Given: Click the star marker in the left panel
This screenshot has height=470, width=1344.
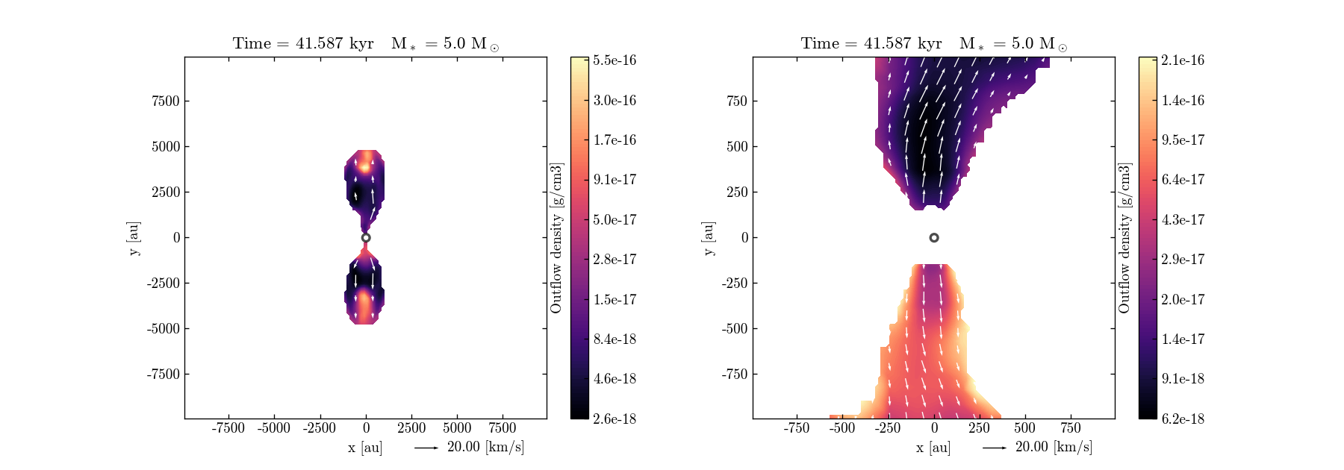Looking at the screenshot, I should (x=366, y=238).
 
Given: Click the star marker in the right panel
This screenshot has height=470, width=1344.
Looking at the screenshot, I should (x=934, y=238).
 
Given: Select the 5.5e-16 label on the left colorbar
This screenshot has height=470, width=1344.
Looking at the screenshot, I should (x=615, y=60).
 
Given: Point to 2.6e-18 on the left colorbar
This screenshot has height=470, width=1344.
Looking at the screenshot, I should (x=615, y=419).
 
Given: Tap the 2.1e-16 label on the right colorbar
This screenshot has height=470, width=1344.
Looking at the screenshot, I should (x=1183, y=60).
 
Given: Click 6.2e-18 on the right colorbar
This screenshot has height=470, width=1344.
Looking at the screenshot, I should (x=1183, y=419).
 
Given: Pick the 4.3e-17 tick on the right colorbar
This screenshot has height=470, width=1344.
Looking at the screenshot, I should (x=1183, y=219).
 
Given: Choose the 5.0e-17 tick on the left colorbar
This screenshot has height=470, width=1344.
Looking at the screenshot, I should (x=615, y=219).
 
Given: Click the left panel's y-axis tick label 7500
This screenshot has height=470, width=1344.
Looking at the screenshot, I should (x=166, y=101).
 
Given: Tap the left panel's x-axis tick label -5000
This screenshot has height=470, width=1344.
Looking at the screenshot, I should (x=274, y=427).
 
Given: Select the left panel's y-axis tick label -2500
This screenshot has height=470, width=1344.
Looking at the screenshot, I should (x=163, y=283).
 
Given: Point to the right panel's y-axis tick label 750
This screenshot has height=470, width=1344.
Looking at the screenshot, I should (x=737, y=101).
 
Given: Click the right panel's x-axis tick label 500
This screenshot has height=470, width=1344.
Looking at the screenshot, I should (x=1025, y=427).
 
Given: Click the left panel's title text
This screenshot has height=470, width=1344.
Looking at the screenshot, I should (x=366, y=43).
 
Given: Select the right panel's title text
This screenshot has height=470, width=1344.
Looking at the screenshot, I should (x=934, y=43).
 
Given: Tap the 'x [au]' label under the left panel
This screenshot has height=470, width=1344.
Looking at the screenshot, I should (x=365, y=447).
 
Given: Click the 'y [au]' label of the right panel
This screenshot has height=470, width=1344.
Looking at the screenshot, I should (x=708, y=238).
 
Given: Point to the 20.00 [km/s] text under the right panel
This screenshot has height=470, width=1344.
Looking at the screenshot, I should (x=1054, y=447).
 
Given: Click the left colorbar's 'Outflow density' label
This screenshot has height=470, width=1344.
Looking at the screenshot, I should (x=556, y=238).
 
